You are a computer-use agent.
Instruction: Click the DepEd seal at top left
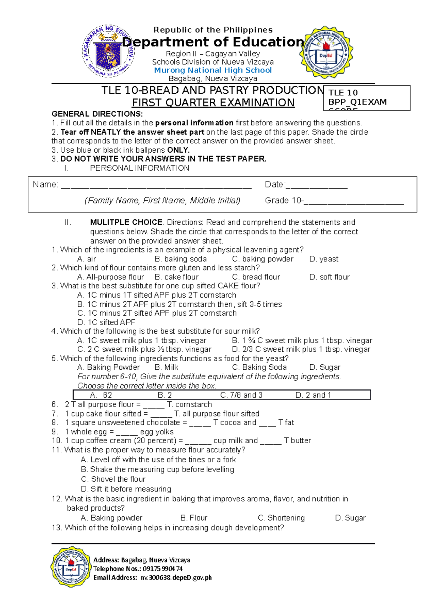(108, 51)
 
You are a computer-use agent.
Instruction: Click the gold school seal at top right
(326, 52)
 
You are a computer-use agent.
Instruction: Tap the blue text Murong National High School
(213, 70)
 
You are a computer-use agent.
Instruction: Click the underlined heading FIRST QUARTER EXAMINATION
(213, 103)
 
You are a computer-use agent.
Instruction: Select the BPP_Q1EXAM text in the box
(357, 102)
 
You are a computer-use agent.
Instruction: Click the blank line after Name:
(156, 185)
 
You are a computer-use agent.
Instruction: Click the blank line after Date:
(316, 185)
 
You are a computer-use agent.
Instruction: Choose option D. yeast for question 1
(324, 259)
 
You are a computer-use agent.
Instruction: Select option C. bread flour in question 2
(256, 277)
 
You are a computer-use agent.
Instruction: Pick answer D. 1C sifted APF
(106, 322)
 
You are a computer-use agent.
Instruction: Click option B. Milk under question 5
(166, 367)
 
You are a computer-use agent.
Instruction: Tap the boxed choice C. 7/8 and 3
(241, 395)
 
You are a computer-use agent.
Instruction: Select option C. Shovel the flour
(113, 479)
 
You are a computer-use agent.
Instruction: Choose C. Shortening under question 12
(281, 518)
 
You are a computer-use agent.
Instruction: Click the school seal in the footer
(71, 566)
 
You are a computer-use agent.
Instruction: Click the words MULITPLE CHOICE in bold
(126, 222)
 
